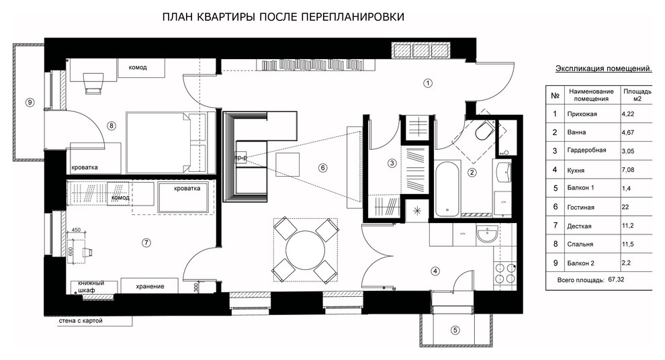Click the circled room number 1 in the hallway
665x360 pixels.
[x=427, y=83]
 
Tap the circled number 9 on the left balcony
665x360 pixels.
[x=28, y=102]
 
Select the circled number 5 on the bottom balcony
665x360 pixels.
[x=455, y=330]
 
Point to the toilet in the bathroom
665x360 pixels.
[x=482, y=133]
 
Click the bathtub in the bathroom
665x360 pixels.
[x=447, y=190]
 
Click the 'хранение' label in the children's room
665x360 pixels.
[x=150, y=287]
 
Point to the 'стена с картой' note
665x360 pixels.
[x=81, y=322]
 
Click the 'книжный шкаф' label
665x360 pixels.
[x=91, y=287]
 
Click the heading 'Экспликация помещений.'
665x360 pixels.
[x=604, y=69]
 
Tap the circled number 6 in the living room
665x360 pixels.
[x=322, y=168]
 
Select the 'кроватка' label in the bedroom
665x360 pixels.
[x=85, y=167]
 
